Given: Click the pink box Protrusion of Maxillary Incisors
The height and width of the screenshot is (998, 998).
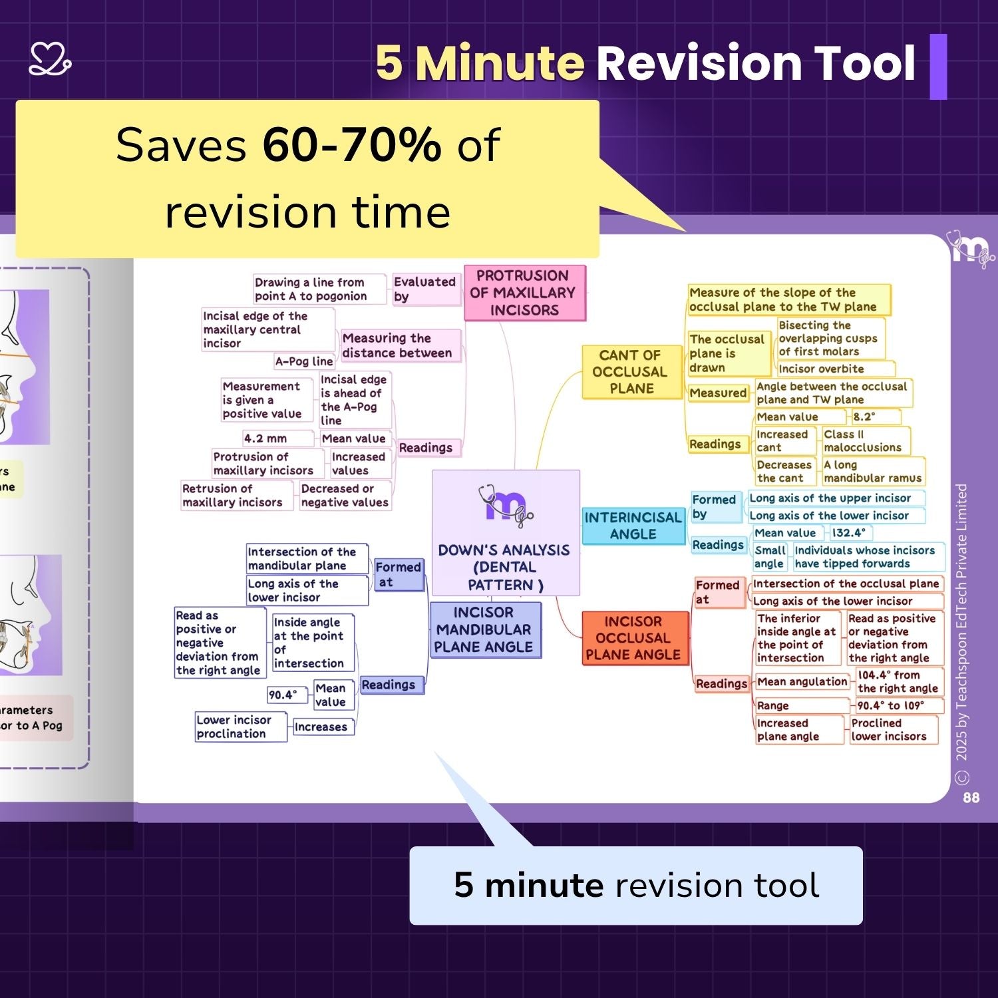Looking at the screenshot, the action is (x=525, y=293).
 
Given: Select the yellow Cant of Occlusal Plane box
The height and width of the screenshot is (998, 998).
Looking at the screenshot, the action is (x=631, y=372).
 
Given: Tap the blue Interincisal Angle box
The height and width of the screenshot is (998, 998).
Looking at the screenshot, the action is (x=633, y=526).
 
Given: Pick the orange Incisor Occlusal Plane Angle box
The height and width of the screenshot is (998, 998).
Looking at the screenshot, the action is (x=633, y=638).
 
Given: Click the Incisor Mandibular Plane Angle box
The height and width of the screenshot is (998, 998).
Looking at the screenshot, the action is (x=484, y=629).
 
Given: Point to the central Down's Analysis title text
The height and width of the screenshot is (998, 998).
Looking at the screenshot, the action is (x=504, y=568).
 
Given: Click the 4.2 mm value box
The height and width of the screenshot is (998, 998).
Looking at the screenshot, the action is (x=277, y=438).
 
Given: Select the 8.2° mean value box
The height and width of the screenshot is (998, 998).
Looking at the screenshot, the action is (x=876, y=417).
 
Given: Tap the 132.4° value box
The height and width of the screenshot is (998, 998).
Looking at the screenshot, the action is (x=850, y=533).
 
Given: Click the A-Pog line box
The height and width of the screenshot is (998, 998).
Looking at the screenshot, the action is (x=304, y=361).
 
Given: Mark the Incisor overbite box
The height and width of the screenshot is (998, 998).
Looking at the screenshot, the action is (x=836, y=369).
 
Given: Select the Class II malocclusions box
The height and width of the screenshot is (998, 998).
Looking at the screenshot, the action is (x=866, y=440).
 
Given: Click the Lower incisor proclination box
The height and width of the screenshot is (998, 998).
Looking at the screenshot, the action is (x=240, y=727).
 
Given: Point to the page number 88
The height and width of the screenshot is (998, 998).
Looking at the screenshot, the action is (x=971, y=797).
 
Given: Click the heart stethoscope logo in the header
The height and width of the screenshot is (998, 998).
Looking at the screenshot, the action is (x=50, y=60).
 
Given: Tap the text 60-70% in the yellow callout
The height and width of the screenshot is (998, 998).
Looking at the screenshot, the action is (x=351, y=144).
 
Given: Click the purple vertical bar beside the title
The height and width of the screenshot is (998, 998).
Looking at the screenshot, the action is (x=938, y=67).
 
